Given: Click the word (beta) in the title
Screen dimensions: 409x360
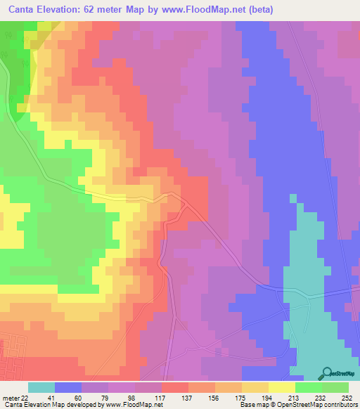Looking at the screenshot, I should (259, 10).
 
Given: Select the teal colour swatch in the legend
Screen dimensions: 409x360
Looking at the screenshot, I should (41, 387).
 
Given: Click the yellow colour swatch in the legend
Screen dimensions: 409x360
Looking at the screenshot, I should (281, 387).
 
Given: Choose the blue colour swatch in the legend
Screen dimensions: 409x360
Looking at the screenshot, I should (68, 387).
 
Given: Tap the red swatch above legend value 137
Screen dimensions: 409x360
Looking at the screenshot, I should (175, 387).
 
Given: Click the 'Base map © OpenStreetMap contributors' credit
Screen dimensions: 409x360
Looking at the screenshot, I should (298, 405).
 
